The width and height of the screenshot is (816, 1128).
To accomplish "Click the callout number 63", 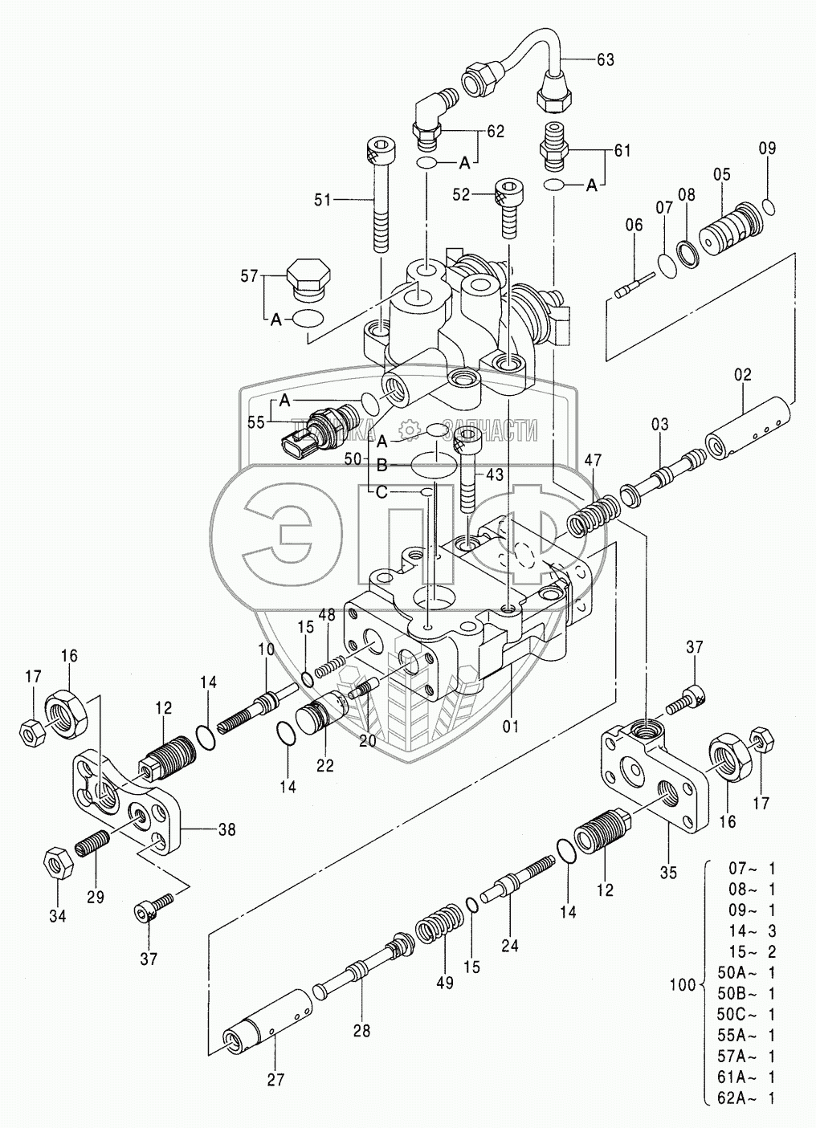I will (605, 58).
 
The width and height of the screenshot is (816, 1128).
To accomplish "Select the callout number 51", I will (322, 200).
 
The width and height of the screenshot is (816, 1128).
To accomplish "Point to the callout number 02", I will (741, 374).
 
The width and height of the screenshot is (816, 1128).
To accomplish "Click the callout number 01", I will (511, 727).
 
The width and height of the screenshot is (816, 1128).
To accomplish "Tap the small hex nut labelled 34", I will (58, 863).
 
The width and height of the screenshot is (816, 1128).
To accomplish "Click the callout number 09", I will (768, 148).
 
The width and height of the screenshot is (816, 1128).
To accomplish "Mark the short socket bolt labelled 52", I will (506, 207).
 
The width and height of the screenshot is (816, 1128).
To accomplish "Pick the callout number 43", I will (494, 474).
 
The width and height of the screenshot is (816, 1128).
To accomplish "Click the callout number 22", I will (324, 765).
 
